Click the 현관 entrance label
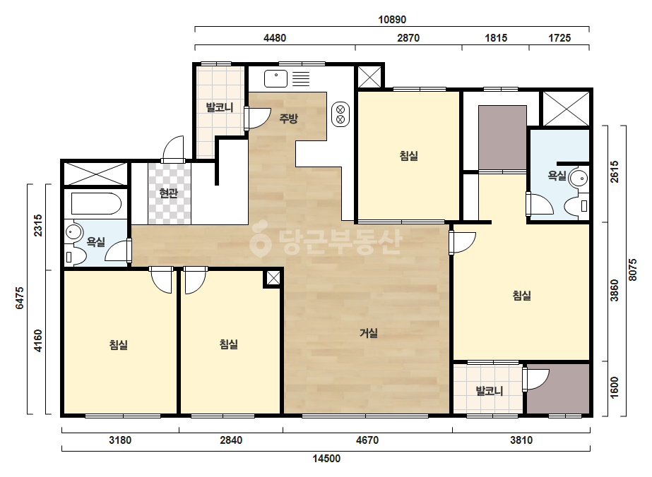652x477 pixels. point(168,193)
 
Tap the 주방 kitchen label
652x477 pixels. point(288,119)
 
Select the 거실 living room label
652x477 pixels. point(369,333)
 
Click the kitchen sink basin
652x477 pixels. point(275,78)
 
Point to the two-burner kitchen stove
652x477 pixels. point(340,115)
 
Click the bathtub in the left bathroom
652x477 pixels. point(96,204)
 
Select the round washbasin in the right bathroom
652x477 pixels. point(578,179)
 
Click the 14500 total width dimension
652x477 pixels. point(326,459)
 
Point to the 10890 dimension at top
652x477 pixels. point(392,20)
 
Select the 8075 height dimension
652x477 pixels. point(632,270)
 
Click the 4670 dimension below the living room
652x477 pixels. point(367,440)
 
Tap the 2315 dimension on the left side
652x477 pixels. point(38,225)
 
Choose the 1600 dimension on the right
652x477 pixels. point(614,387)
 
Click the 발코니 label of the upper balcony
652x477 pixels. point(220,108)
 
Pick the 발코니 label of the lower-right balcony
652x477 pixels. point(490,391)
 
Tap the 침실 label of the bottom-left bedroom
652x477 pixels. point(119,344)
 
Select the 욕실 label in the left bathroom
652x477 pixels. point(95,241)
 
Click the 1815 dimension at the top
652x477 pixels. point(496,38)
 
